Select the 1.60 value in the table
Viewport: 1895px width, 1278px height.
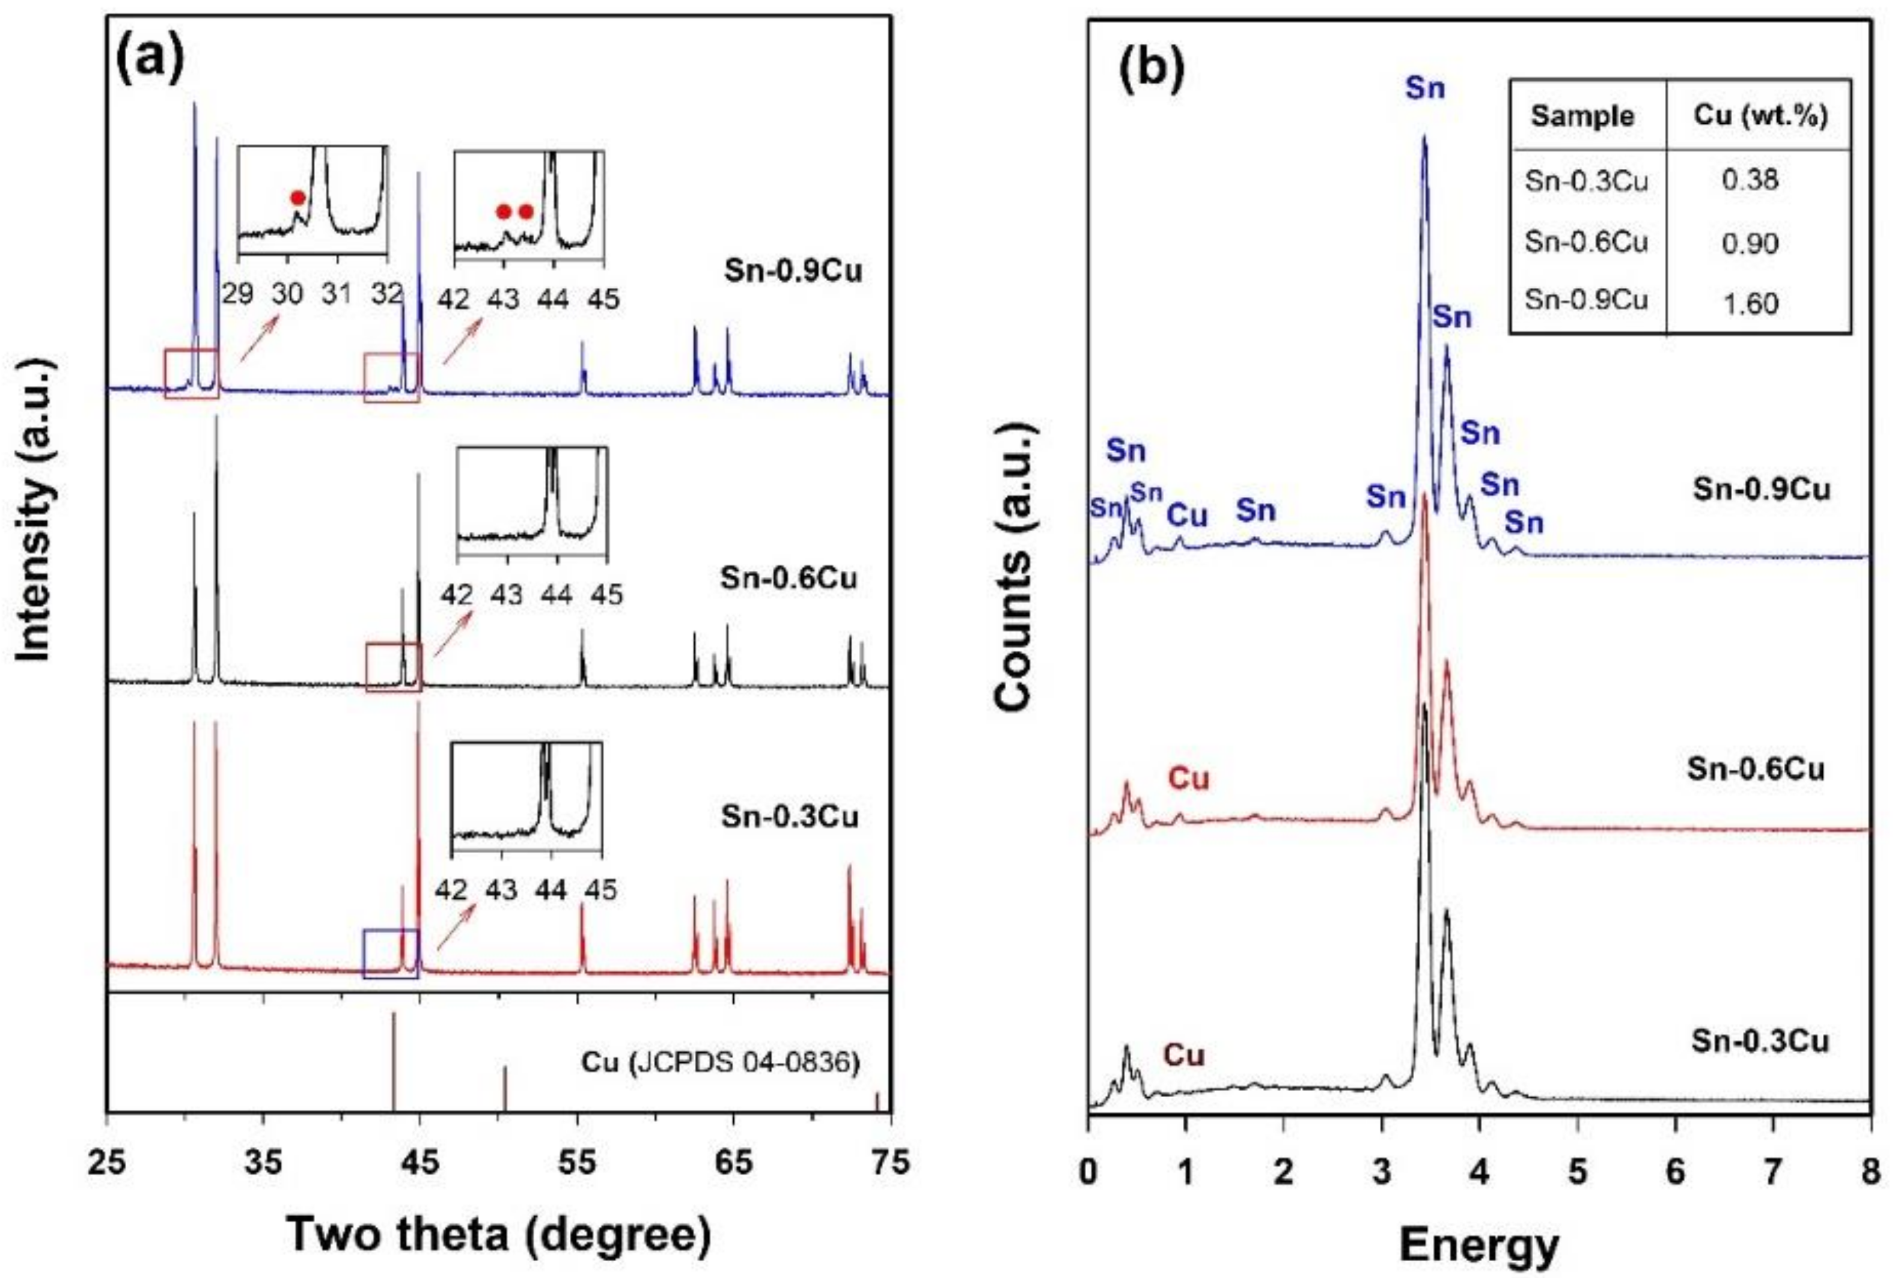pyautogui.click(x=1750, y=303)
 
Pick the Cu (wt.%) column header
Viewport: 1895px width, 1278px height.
pyautogui.click(x=1760, y=115)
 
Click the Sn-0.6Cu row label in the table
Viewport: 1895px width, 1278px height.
pyautogui.click(x=1585, y=242)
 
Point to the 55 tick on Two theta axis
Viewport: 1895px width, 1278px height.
pyautogui.click(x=577, y=1162)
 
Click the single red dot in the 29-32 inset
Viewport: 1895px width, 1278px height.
pyautogui.click(x=298, y=197)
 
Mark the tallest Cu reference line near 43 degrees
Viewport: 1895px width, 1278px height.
pyautogui.click(x=394, y=1059)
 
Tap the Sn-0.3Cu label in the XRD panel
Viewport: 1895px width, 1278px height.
pyautogui.click(x=789, y=817)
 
